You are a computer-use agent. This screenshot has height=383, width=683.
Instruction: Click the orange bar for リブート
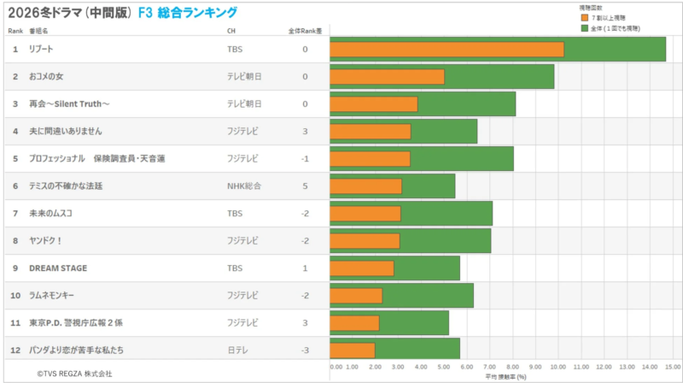click(x=447, y=50)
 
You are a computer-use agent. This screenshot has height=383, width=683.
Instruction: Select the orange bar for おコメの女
click(x=387, y=77)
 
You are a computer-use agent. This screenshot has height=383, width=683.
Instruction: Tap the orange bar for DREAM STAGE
click(x=362, y=268)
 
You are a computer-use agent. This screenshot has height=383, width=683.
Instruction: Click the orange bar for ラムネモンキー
click(x=356, y=296)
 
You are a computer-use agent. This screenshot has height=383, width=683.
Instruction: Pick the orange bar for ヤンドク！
click(x=365, y=241)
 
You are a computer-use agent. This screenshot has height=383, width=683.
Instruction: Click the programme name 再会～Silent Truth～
click(x=69, y=104)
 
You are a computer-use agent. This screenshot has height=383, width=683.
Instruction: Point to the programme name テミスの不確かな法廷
click(x=66, y=186)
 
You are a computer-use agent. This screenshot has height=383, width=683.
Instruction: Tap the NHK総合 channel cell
click(x=242, y=186)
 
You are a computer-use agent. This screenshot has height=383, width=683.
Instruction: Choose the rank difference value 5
click(x=305, y=186)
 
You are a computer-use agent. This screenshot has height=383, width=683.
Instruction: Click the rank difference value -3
click(x=305, y=350)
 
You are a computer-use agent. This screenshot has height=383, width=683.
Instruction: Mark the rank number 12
click(x=15, y=350)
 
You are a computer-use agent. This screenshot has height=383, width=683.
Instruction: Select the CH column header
click(x=231, y=31)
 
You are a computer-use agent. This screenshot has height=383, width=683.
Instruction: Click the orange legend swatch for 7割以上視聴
click(x=585, y=17)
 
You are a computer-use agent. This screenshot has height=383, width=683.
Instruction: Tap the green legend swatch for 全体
click(x=585, y=28)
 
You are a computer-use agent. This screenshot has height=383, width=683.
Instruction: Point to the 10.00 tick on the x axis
click(x=558, y=367)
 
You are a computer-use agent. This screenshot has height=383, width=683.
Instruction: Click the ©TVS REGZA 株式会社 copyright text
click(x=74, y=374)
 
